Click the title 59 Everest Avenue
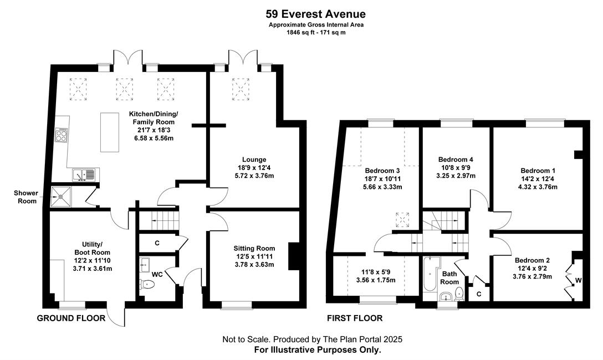coord(315,14)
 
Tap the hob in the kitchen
coord(62,135)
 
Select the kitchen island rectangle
coord(110,132)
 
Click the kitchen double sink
coord(84,175)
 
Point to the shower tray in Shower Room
coord(60,196)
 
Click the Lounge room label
coord(254,160)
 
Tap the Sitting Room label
coord(254,248)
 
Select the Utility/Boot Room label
coord(93,248)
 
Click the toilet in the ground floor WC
coord(147,284)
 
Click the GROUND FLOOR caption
coord(71,318)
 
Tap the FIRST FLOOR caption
coord(355,318)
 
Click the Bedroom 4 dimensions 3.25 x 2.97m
coord(456,176)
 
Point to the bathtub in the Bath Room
coord(429,274)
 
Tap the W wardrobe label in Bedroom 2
coord(579,280)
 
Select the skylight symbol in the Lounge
coord(241,90)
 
